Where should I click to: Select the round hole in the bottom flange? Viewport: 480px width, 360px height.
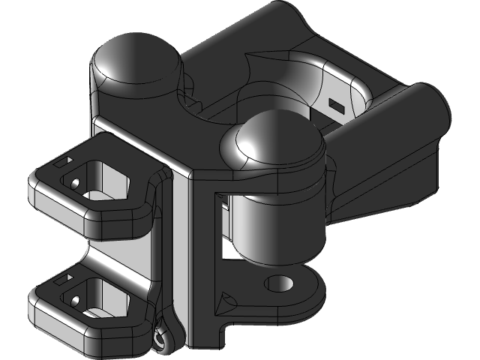(x=280, y=283)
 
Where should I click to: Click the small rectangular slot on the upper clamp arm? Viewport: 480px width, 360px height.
(x=64, y=160)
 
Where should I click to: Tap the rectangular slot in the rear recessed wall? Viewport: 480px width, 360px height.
(x=336, y=106)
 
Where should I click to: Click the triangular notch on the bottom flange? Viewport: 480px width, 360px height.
(x=223, y=304)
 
